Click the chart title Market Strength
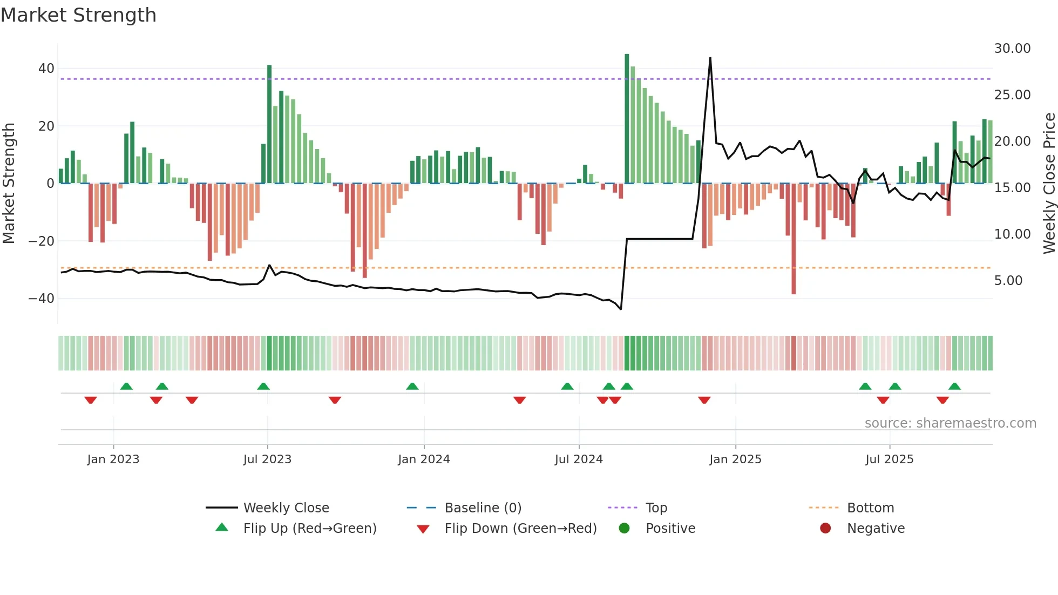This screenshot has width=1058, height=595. tap(78, 15)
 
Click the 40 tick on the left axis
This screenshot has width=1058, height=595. tap(46, 69)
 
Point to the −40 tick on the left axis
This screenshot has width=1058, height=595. tap(42, 299)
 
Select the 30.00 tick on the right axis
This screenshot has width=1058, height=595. tap(1012, 49)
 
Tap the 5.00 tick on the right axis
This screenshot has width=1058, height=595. tap(1008, 281)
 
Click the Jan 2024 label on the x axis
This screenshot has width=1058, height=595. tap(424, 459)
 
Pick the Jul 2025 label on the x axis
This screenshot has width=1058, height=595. tap(889, 459)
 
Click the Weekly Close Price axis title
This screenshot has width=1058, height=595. tap(1049, 184)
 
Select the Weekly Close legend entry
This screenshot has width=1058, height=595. tap(286, 508)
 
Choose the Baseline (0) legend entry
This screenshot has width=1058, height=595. tap(483, 508)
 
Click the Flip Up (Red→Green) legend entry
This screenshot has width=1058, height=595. tap(309, 529)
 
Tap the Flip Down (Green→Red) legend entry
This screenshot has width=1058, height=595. tap(520, 529)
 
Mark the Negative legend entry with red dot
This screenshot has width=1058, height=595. tap(875, 529)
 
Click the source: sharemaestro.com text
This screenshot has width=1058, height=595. tap(950, 423)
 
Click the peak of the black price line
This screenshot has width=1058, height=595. tap(710, 58)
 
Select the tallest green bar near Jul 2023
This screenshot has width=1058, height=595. tap(269, 124)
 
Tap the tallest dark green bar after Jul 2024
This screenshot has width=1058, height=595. tap(627, 119)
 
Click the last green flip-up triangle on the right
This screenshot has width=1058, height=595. tap(954, 387)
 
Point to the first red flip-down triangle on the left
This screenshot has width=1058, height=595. tap(91, 400)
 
